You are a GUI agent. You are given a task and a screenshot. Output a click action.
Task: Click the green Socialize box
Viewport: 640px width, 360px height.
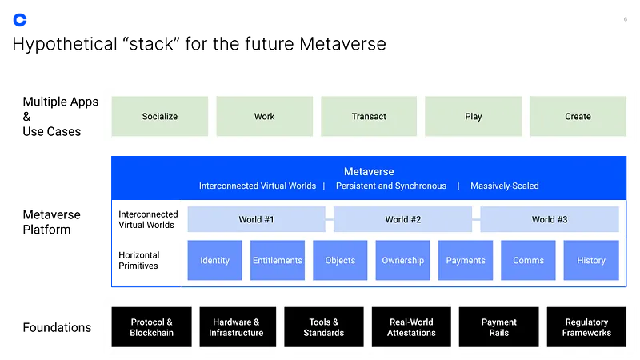click(x=160, y=116)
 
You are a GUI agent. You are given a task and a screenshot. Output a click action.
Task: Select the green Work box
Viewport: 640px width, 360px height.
click(x=264, y=116)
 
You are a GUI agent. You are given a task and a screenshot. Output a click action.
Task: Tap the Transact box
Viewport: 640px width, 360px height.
click(x=369, y=116)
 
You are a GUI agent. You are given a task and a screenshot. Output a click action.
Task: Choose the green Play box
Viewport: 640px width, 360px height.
click(x=473, y=116)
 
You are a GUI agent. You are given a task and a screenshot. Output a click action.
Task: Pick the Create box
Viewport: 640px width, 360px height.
click(x=578, y=116)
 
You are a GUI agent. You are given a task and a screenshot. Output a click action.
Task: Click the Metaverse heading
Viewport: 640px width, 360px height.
click(x=369, y=171)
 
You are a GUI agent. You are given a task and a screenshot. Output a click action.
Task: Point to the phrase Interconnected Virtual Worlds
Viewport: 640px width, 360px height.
click(x=258, y=186)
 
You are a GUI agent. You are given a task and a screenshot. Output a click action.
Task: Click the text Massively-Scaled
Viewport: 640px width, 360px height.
click(x=504, y=186)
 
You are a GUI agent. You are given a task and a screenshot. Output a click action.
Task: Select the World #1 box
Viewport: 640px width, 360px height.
click(x=256, y=219)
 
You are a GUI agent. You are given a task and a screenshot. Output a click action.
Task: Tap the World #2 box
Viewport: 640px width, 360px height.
click(x=403, y=219)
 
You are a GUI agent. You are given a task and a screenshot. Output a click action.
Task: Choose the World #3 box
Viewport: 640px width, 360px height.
click(x=550, y=219)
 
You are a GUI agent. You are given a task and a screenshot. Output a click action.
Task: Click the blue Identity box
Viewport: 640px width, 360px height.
click(x=214, y=260)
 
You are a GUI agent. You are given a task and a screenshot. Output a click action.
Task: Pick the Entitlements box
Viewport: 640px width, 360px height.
click(x=278, y=260)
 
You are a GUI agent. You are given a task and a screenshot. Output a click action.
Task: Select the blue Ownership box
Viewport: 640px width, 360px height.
click(x=403, y=260)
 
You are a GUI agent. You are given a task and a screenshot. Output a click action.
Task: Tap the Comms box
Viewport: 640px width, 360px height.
click(x=528, y=260)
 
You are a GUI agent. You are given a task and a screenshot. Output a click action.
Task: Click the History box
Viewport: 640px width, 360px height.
click(x=591, y=260)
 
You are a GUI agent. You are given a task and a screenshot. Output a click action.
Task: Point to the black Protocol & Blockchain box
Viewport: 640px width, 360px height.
click(x=152, y=327)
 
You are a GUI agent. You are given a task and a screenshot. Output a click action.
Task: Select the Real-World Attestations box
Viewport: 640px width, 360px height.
click(x=411, y=327)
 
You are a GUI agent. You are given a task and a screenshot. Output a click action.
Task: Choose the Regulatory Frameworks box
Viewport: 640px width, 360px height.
click(x=586, y=327)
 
